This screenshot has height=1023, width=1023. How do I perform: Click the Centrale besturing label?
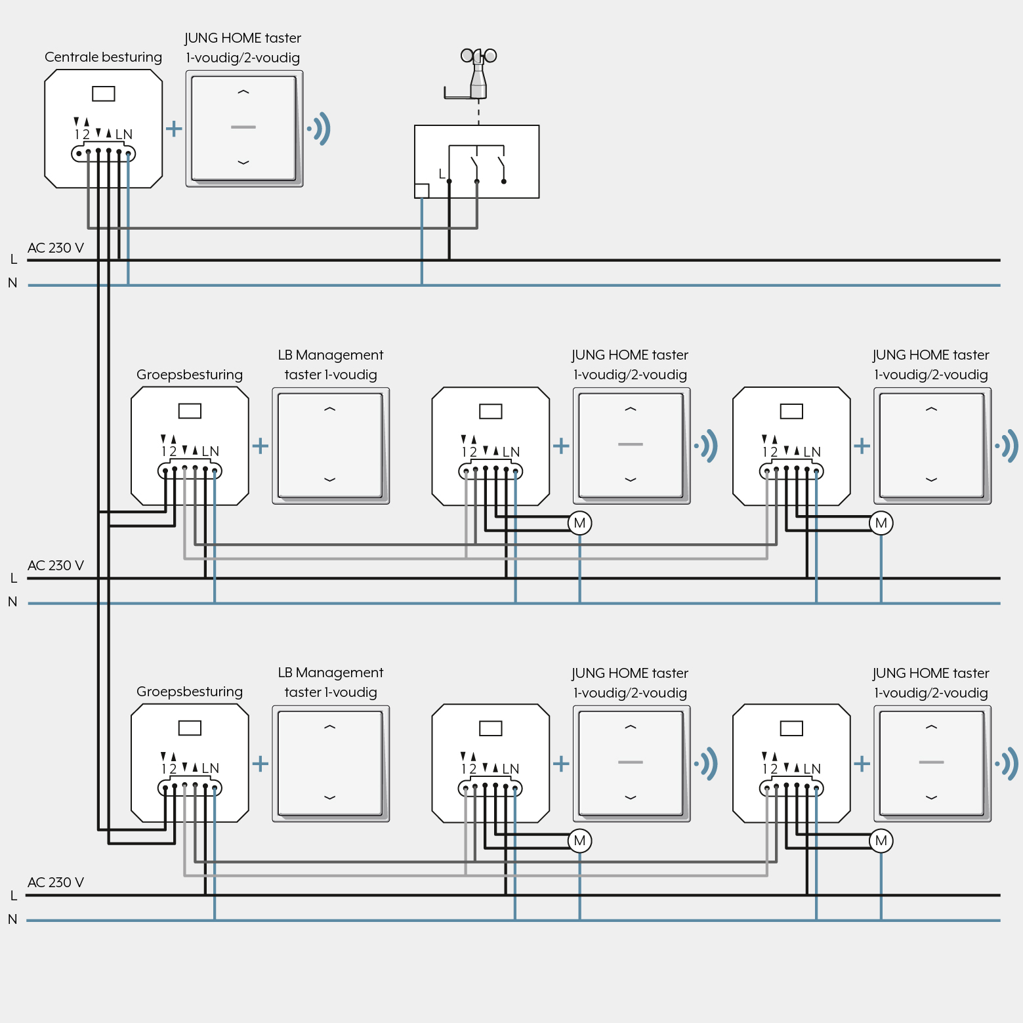[x=103, y=57]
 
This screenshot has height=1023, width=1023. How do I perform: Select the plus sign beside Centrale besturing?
[x=174, y=128]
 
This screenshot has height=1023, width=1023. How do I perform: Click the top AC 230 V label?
[x=56, y=248]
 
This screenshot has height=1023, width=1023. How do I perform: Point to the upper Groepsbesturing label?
[x=190, y=375]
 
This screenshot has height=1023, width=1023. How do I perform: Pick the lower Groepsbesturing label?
[x=190, y=692]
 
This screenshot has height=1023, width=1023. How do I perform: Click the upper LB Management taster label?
[x=331, y=365]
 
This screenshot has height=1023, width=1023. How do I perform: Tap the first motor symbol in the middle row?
[x=579, y=523]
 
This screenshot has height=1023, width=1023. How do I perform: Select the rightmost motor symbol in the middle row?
[x=881, y=523]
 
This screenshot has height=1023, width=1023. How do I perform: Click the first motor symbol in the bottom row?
[x=579, y=841]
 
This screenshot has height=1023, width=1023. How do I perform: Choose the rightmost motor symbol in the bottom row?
[x=881, y=841]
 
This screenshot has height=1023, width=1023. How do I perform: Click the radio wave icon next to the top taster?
[x=320, y=129]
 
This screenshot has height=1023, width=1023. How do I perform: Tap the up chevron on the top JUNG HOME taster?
[x=243, y=93]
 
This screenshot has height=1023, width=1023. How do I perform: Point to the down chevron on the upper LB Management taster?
[x=330, y=480]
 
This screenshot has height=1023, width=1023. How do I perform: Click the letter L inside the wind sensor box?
[x=442, y=174]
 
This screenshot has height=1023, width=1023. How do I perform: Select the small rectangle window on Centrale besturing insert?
[x=104, y=94]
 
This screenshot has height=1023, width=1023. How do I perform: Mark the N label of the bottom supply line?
[x=12, y=919]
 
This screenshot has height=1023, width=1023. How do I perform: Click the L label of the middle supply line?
[x=14, y=578]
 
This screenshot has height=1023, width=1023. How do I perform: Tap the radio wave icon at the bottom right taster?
[x=1008, y=764]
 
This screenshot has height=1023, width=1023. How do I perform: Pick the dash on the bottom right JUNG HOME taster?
[x=931, y=762]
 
